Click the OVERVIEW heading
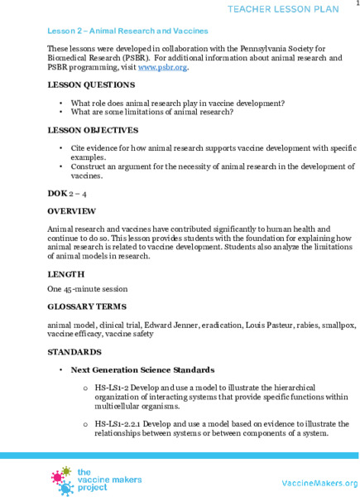coord(72,211)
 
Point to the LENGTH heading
coord(65,273)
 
